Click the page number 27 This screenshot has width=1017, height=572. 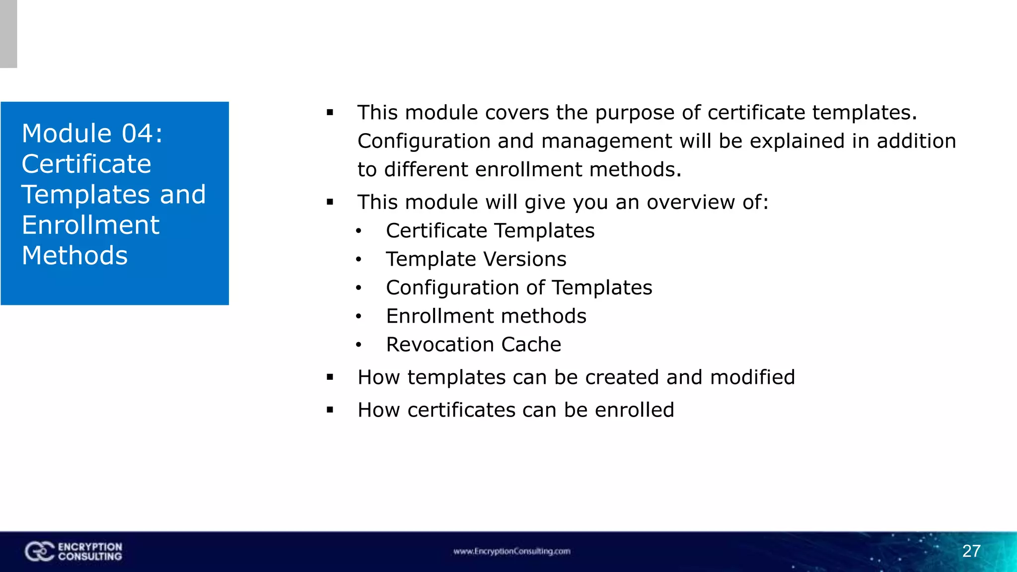click(971, 551)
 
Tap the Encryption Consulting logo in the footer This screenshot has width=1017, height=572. click(73, 552)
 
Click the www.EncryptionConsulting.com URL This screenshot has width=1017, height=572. click(511, 551)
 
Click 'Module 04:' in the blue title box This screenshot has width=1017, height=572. click(92, 134)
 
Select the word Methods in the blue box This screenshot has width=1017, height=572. click(75, 256)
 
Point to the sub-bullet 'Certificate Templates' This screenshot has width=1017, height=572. click(490, 231)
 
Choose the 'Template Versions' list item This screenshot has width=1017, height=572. click(476, 259)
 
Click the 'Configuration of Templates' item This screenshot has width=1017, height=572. click(519, 288)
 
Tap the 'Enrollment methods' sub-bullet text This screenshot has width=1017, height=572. click(486, 316)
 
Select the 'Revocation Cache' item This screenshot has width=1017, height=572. click(474, 345)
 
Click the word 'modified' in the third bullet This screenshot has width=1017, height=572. click(752, 377)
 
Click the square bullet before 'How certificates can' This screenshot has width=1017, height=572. click(330, 410)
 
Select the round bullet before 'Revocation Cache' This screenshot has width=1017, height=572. click(359, 345)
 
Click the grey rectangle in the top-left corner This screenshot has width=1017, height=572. click(8, 34)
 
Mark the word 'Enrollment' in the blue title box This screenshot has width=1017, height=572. click(90, 225)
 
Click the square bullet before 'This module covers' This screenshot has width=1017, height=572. click(330, 113)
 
